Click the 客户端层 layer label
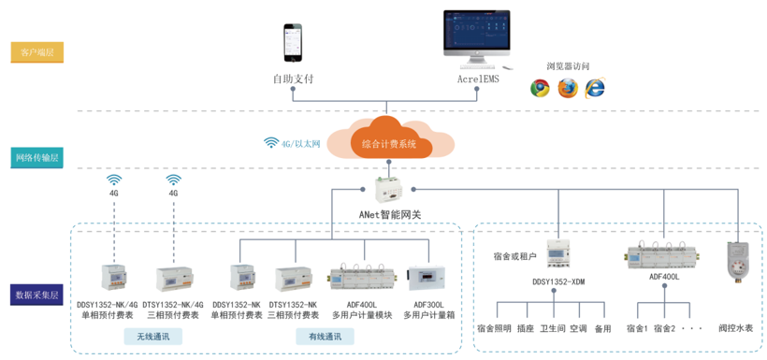[x=37, y=52]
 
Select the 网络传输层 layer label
[x=37, y=157]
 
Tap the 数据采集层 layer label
[x=37, y=295]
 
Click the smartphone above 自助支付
[x=293, y=45]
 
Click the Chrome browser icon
[x=540, y=88]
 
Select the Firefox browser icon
[x=567, y=88]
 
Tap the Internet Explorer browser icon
[x=594, y=88]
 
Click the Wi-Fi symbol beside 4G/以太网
[x=271, y=143]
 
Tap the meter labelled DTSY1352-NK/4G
[x=175, y=277]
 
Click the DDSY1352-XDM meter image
[x=558, y=253]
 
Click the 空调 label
[x=577, y=329]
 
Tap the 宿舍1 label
[x=637, y=329]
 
